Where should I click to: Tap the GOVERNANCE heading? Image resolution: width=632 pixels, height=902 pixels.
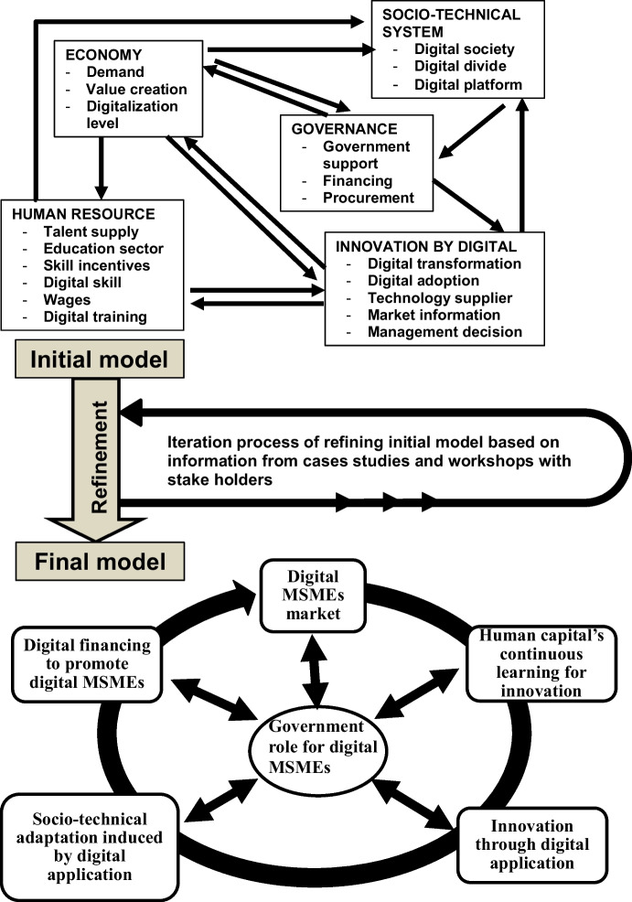pos(338,129)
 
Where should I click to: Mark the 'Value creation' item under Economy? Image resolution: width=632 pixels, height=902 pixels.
pos(136,89)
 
